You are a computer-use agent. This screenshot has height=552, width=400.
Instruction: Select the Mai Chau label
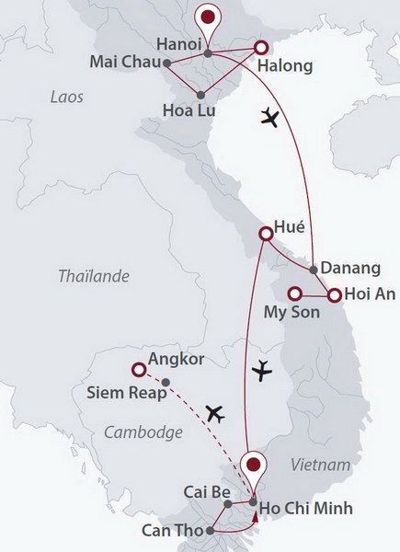pos(124,63)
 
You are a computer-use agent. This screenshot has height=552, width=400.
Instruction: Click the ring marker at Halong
pos(260,47)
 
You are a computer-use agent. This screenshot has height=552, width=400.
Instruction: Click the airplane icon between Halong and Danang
pos(269,117)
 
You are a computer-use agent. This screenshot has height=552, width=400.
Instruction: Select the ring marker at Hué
pos(266,235)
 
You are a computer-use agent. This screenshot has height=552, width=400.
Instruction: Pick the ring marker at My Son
pos(294,294)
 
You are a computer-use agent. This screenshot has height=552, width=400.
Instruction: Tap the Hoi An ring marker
pos(335,295)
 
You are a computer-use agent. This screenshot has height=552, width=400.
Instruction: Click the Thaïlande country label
pos(94,276)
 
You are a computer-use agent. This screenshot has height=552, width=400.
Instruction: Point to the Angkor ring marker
pos(139,370)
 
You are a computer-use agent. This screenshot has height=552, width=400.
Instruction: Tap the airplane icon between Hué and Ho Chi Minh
pos(262,371)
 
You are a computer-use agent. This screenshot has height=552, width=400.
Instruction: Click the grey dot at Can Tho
pos(211,531)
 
